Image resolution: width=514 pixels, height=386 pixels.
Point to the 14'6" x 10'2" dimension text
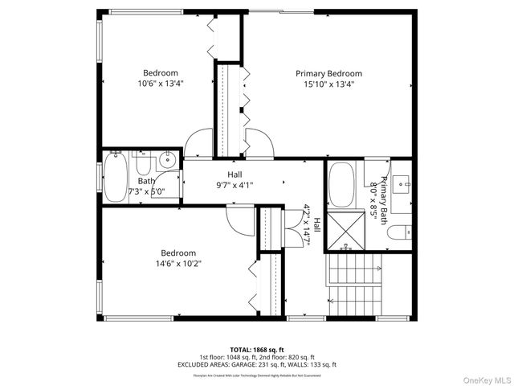pos(178,263)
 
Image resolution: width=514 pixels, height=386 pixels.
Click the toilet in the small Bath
pos(145,165)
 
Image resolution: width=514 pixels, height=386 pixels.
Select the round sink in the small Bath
pos(167,160)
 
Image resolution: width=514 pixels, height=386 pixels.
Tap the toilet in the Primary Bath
pos(398,234)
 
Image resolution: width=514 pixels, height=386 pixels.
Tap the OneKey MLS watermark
pos(483,379)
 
